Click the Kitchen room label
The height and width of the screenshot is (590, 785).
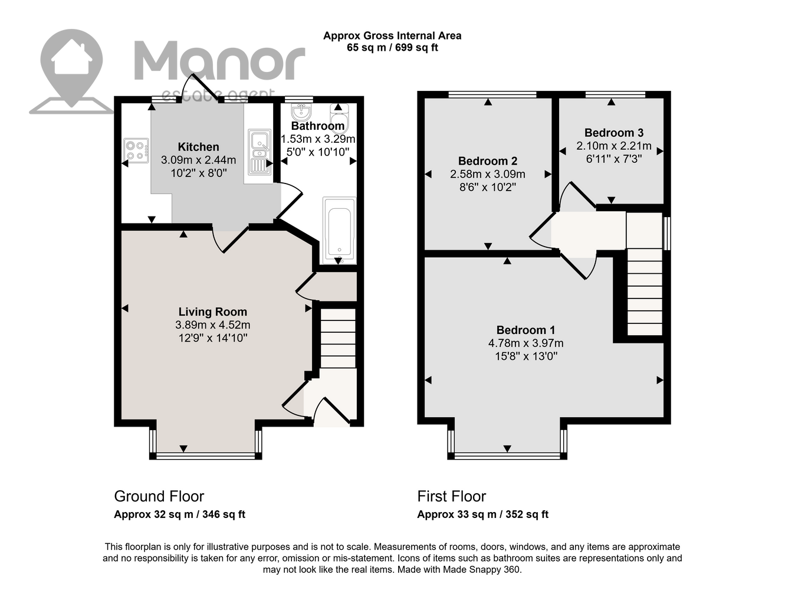pos(198,147)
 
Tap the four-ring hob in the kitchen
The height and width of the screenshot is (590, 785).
pos(136,150)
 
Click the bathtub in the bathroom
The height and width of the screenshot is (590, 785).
pos(339,231)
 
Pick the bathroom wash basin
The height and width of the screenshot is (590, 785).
pos(301,112)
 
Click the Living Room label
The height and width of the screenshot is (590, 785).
pos(213,312)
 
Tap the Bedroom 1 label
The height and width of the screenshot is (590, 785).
pos(525,330)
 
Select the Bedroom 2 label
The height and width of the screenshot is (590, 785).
pos(488,161)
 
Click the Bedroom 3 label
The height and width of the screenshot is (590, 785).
pos(614,133)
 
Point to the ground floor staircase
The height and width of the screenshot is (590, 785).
pos(338,338)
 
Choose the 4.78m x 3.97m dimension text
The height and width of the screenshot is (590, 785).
pos(525,343)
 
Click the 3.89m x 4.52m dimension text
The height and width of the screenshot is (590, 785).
pos(213,325)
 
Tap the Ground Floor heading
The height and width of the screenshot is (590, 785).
pos(159,496)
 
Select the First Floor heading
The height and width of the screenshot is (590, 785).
pos(452,496)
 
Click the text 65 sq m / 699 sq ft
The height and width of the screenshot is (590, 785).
pos(392,48)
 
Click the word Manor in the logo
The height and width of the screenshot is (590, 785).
pos(219,60)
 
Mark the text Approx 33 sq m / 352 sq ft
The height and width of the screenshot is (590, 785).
pos(483,514)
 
